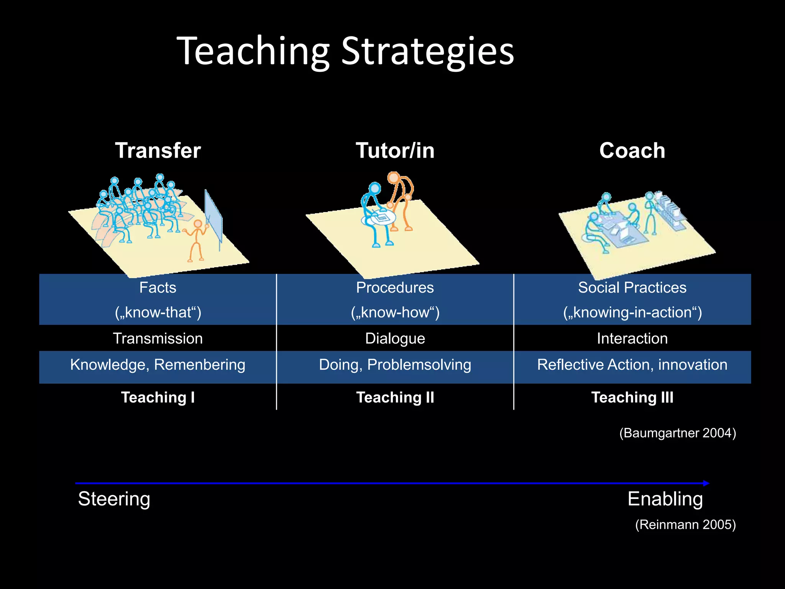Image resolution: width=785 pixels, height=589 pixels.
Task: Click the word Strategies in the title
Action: (427, 51)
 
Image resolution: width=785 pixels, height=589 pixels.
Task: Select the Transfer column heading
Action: (158, 150)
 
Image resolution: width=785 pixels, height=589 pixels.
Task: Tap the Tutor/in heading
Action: (395, 150)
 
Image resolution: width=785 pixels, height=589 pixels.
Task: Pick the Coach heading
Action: (632, 150)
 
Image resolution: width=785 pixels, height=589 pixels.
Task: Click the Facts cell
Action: (158, 288)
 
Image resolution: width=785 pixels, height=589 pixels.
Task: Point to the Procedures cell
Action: (395, 288)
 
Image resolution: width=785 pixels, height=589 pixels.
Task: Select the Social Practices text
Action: (632, 288)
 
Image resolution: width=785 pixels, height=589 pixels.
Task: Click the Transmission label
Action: (158, 339)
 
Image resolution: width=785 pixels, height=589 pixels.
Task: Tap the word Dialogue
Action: (395, 339)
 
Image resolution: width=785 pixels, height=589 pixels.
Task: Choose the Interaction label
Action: (632, 339)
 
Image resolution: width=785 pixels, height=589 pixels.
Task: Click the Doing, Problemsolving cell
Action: (395, 365)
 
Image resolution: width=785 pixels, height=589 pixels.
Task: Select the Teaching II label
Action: (395, 397)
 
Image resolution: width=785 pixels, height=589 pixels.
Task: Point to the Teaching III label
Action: (632, 397)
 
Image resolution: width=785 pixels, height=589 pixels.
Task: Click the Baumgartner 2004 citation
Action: (677, 433)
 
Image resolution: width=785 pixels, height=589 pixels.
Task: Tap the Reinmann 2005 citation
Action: (685, 525)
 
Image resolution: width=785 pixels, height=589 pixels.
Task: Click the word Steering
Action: (114, 499)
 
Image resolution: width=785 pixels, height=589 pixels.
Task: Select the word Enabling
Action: (665, 499)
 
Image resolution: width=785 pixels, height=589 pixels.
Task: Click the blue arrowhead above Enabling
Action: (706, 483)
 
